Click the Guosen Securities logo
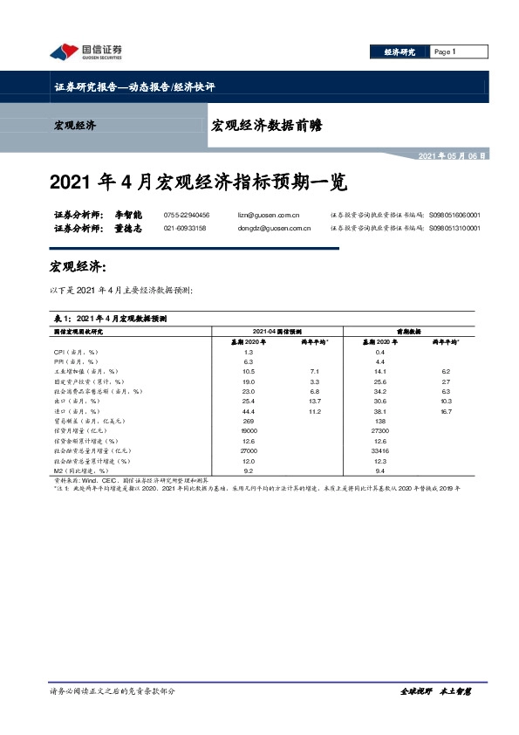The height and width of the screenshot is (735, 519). [85, 52]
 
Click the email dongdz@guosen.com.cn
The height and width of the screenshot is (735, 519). [275, 229]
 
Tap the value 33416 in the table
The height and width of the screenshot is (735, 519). [379, 450]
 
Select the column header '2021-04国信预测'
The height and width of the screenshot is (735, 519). [277, 332]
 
